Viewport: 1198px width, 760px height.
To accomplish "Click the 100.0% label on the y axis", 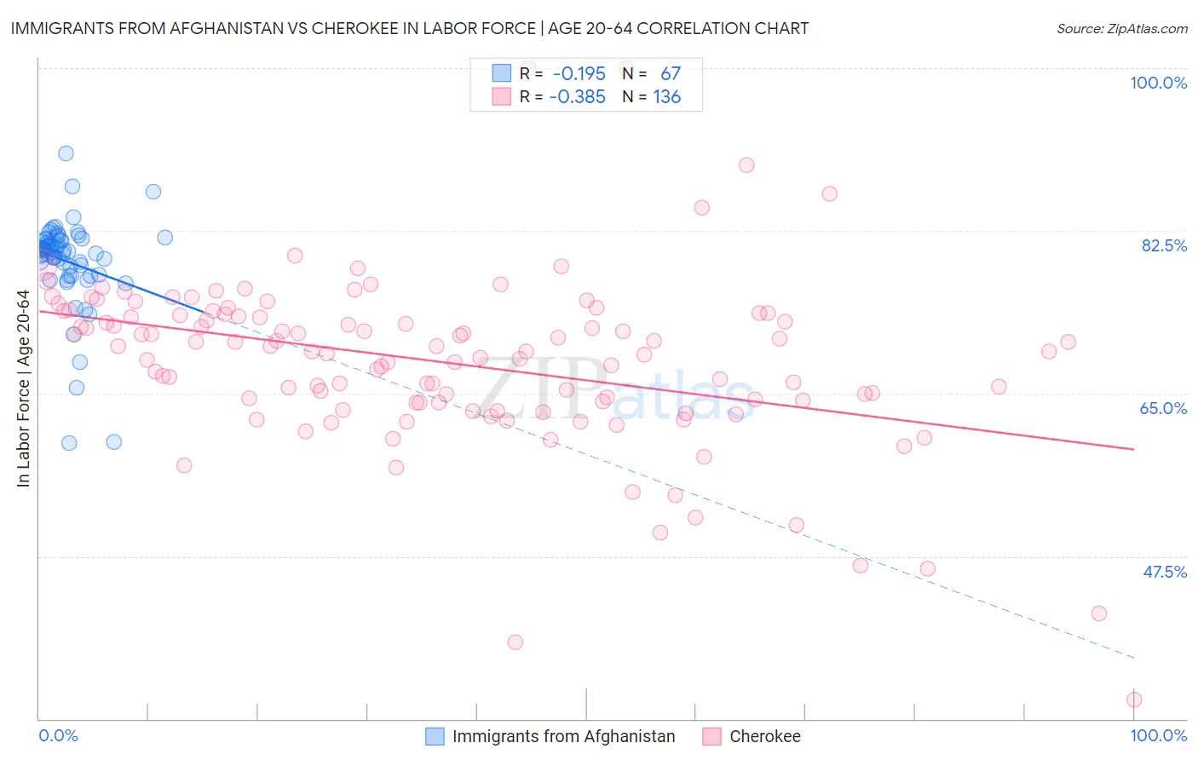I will coord(1158,83).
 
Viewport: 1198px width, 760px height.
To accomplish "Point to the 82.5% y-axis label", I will coord(1164,245).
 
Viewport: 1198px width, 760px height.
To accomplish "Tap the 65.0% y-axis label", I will coord(1163,408).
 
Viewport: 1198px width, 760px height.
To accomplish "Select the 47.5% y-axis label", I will coord(1164,572).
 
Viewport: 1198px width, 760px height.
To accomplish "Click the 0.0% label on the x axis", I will coord(58,735).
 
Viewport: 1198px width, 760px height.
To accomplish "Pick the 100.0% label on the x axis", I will coord(1158,735).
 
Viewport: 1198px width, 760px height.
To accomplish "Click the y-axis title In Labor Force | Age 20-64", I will coord(23,389).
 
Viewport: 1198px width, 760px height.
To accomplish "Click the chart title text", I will coord(409,28).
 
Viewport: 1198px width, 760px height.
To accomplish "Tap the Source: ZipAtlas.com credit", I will coord(1121,28).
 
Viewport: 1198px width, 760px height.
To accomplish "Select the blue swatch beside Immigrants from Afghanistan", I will coord(435,736).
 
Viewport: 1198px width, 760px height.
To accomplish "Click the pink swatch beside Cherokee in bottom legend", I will coord(712,736).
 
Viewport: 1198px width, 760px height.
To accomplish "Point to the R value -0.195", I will coord(579,74).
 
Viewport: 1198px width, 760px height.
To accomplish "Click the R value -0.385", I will coord(577,97).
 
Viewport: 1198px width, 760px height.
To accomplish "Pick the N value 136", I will coord(666,97).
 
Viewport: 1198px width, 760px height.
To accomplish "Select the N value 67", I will coord(671,74).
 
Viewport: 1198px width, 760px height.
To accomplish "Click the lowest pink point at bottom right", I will coord(1134,700).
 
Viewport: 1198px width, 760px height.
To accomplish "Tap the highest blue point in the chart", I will coord(66,153).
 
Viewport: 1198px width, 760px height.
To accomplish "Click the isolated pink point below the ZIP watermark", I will coord(515,642).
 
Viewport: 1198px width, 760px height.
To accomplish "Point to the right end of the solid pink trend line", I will coord(1134,449).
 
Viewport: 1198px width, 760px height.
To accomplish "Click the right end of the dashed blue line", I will coord(1134,658).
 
